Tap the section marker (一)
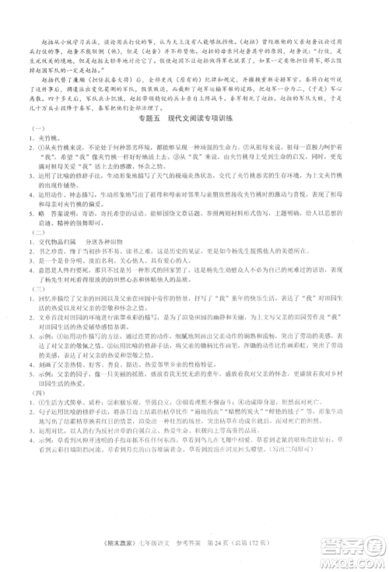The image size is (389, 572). click(x=34, y=128)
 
